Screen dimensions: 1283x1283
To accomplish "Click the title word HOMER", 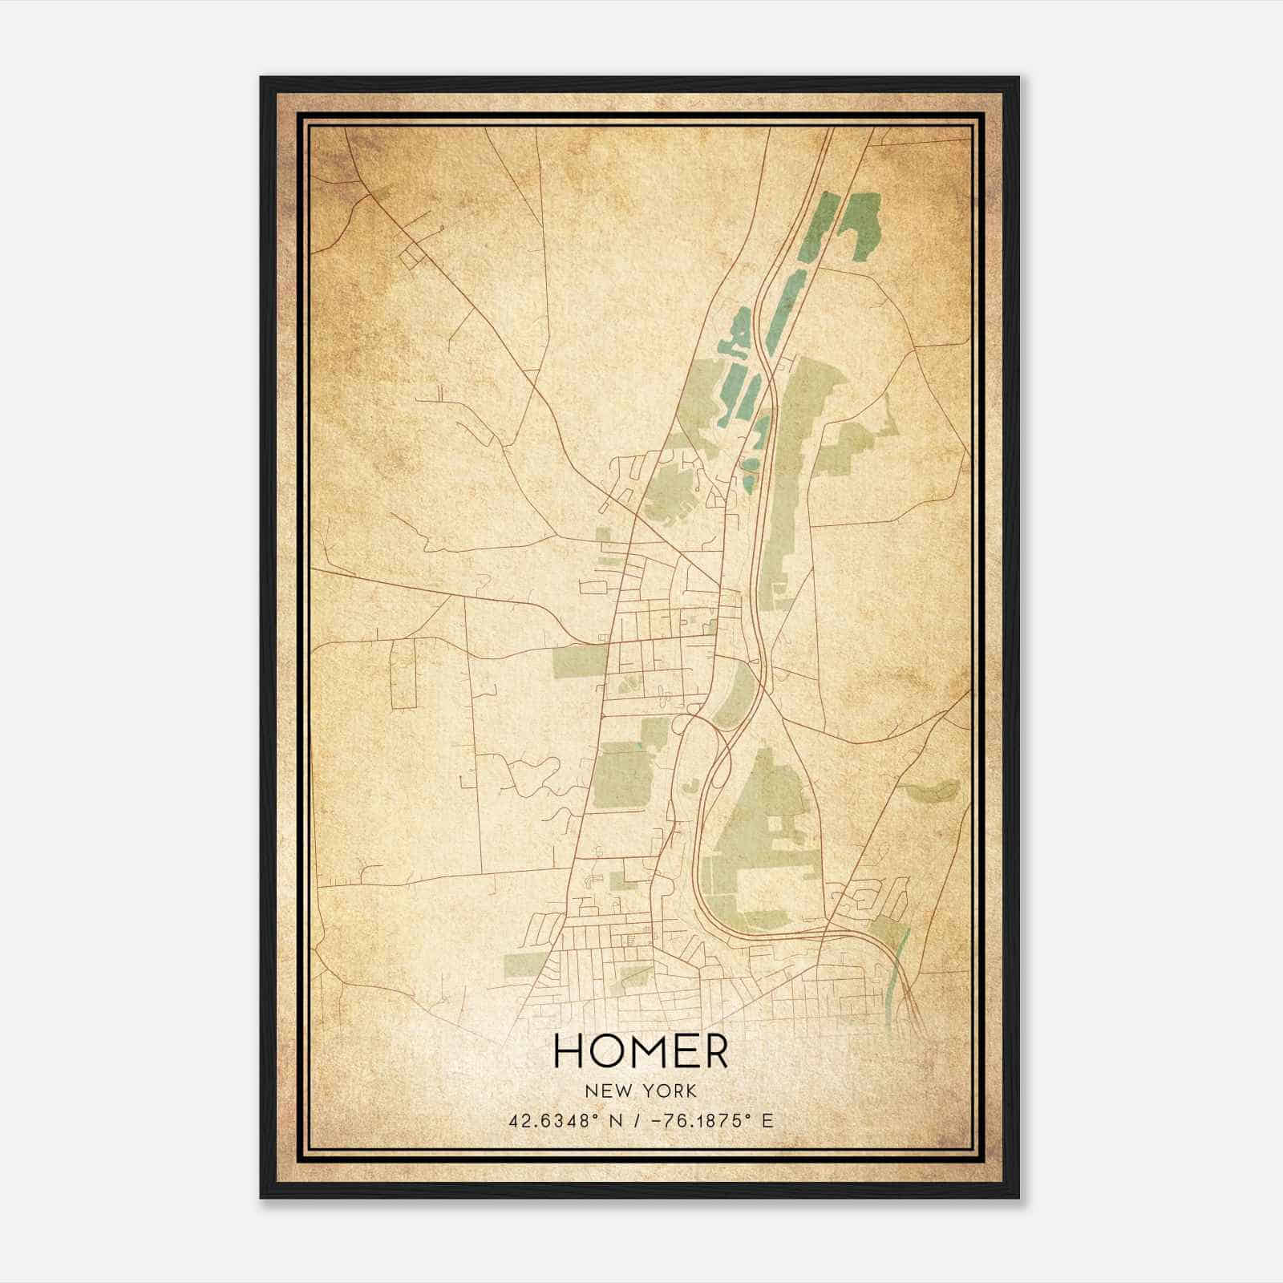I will tap(641, 1051).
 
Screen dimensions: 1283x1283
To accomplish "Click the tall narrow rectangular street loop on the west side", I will tap(403, 674).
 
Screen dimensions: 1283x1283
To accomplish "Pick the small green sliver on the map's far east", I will tap(933, 791).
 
